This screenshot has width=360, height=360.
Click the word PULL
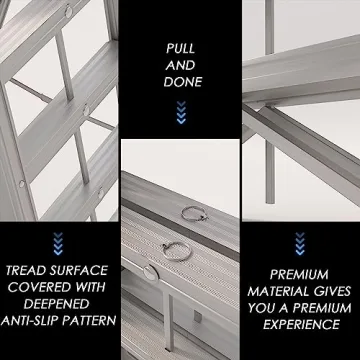pos(180,48)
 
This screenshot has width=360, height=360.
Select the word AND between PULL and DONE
pos(180,65)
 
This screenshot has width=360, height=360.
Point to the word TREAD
pos(28,270)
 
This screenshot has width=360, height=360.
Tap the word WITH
pos(95,287)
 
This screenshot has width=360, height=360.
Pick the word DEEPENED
pos(60,304)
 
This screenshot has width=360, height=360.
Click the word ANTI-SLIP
pos(36,321)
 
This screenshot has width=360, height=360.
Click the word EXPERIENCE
pos(301,323)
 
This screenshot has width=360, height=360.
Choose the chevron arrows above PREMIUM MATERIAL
pos(301,243)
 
